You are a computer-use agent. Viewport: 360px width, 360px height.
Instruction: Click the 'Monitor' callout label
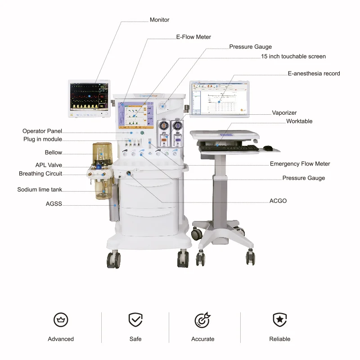tap(159, 20)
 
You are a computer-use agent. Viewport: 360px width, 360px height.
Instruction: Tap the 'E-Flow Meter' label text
tap(193, 37)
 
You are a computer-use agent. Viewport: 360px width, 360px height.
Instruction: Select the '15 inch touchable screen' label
tap(293, 56)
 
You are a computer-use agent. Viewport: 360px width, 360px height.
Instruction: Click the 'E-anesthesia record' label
tap(314, 73)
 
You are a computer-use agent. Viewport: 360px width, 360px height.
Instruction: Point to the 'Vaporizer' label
tap(284, 113)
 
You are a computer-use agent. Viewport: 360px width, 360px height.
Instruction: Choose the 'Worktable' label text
tap(299, 121)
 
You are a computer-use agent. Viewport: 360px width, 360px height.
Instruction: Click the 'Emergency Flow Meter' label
tap(300, 164)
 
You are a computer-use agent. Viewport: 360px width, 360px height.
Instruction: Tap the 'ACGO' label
tap(278, 201)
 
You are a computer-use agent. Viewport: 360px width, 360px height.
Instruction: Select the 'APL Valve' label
tap(49, 165)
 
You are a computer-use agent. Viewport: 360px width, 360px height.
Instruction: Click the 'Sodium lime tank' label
tap(40, 189)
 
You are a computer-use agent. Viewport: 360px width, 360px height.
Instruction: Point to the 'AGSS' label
tap(54, 204)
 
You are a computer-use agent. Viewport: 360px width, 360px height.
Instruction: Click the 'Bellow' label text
tap(53, 153)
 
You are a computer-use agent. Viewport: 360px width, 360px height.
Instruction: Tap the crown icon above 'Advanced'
tap(61, 320)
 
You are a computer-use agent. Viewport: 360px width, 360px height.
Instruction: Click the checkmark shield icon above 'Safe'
tap(135, 320)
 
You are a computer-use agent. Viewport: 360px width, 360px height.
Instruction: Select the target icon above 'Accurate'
tap(202, 320)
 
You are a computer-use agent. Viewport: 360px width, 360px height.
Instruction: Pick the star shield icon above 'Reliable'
tap(279, 320)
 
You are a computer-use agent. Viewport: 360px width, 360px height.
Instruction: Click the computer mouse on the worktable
tap(268, 148)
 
